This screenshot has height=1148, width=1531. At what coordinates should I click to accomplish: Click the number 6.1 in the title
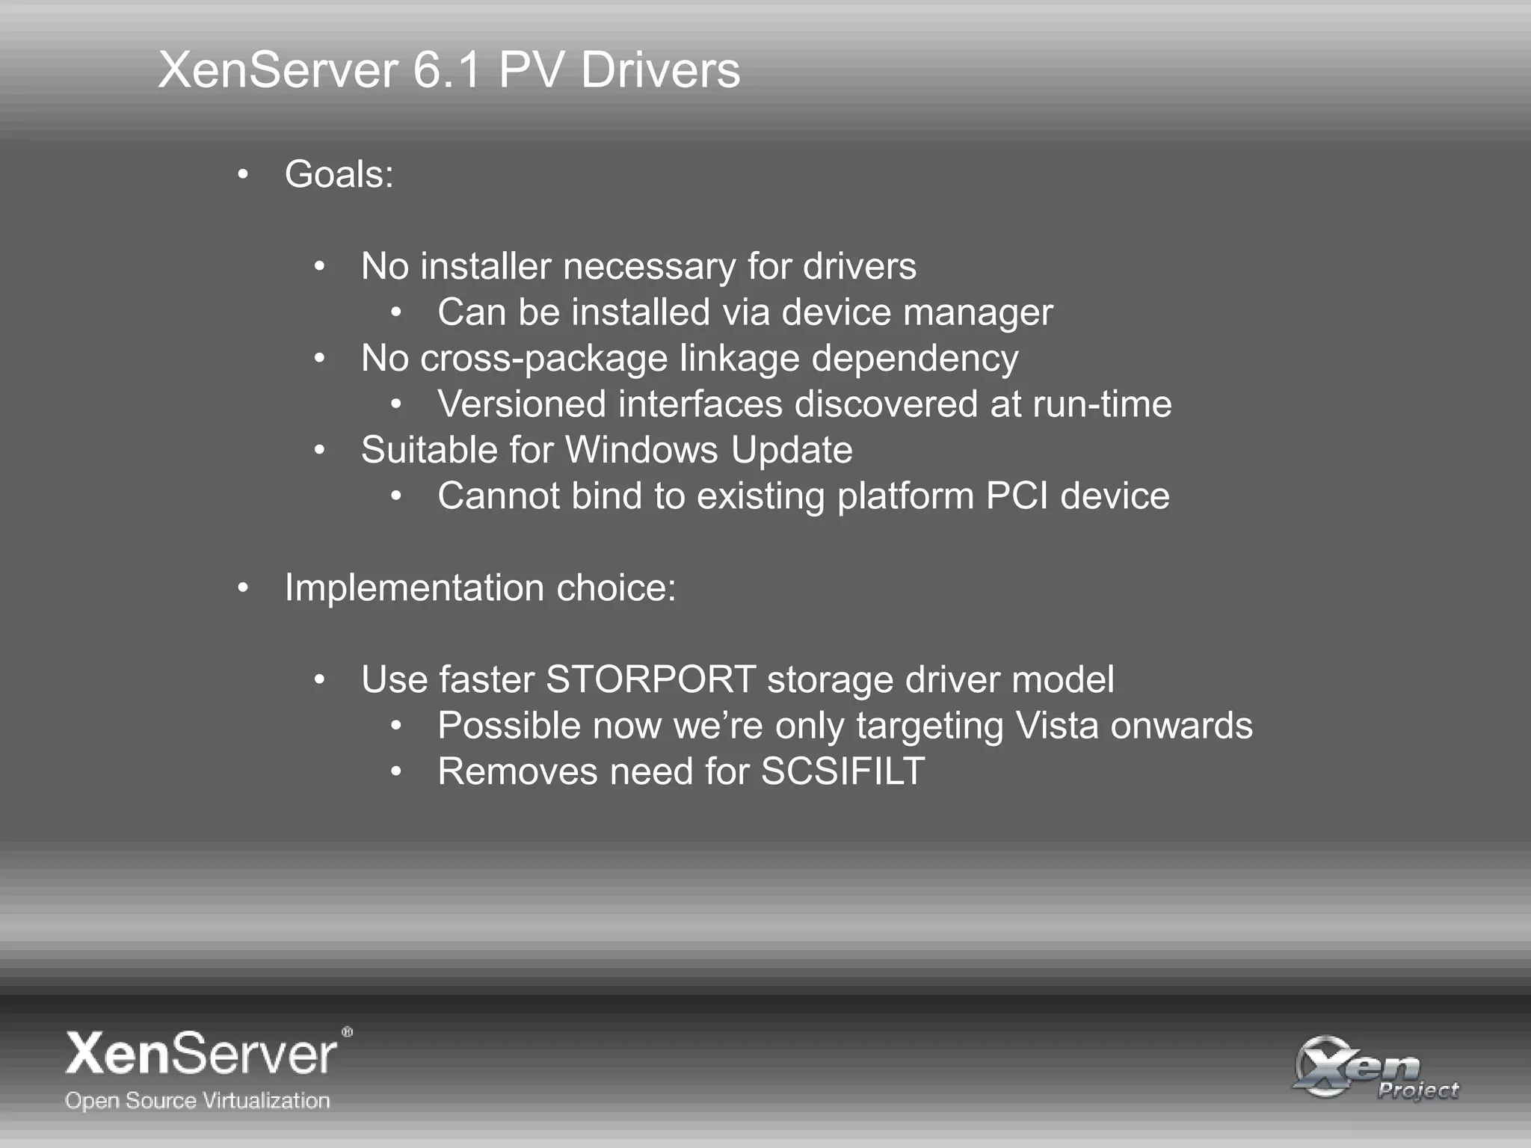click(x=446, y=71)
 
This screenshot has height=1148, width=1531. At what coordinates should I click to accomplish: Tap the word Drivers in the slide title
click(x=660, y=71)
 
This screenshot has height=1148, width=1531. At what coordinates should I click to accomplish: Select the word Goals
click(x=339, y=175)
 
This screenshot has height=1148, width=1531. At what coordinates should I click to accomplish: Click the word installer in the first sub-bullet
click(x=490, y=267)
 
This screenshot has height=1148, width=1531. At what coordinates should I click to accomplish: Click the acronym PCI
click(x=1017, y=496)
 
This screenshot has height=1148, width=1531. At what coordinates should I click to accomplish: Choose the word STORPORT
click(x=650, y=680)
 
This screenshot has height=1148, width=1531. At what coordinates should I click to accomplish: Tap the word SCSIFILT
click(x=842, y=772)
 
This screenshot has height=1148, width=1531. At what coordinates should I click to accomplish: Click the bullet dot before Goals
click(x=242, y=176)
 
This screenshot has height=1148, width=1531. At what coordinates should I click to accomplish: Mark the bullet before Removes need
click(x=396, y=772)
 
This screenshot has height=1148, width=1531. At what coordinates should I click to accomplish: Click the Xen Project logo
click(x=1376, y=1067)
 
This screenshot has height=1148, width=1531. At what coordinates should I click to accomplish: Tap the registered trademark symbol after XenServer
click(x=347, y=1032)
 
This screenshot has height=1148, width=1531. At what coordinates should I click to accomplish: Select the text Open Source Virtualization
click(x=197, y=1100)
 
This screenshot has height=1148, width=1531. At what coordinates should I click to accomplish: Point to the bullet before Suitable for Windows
click(x=319, y=451)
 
